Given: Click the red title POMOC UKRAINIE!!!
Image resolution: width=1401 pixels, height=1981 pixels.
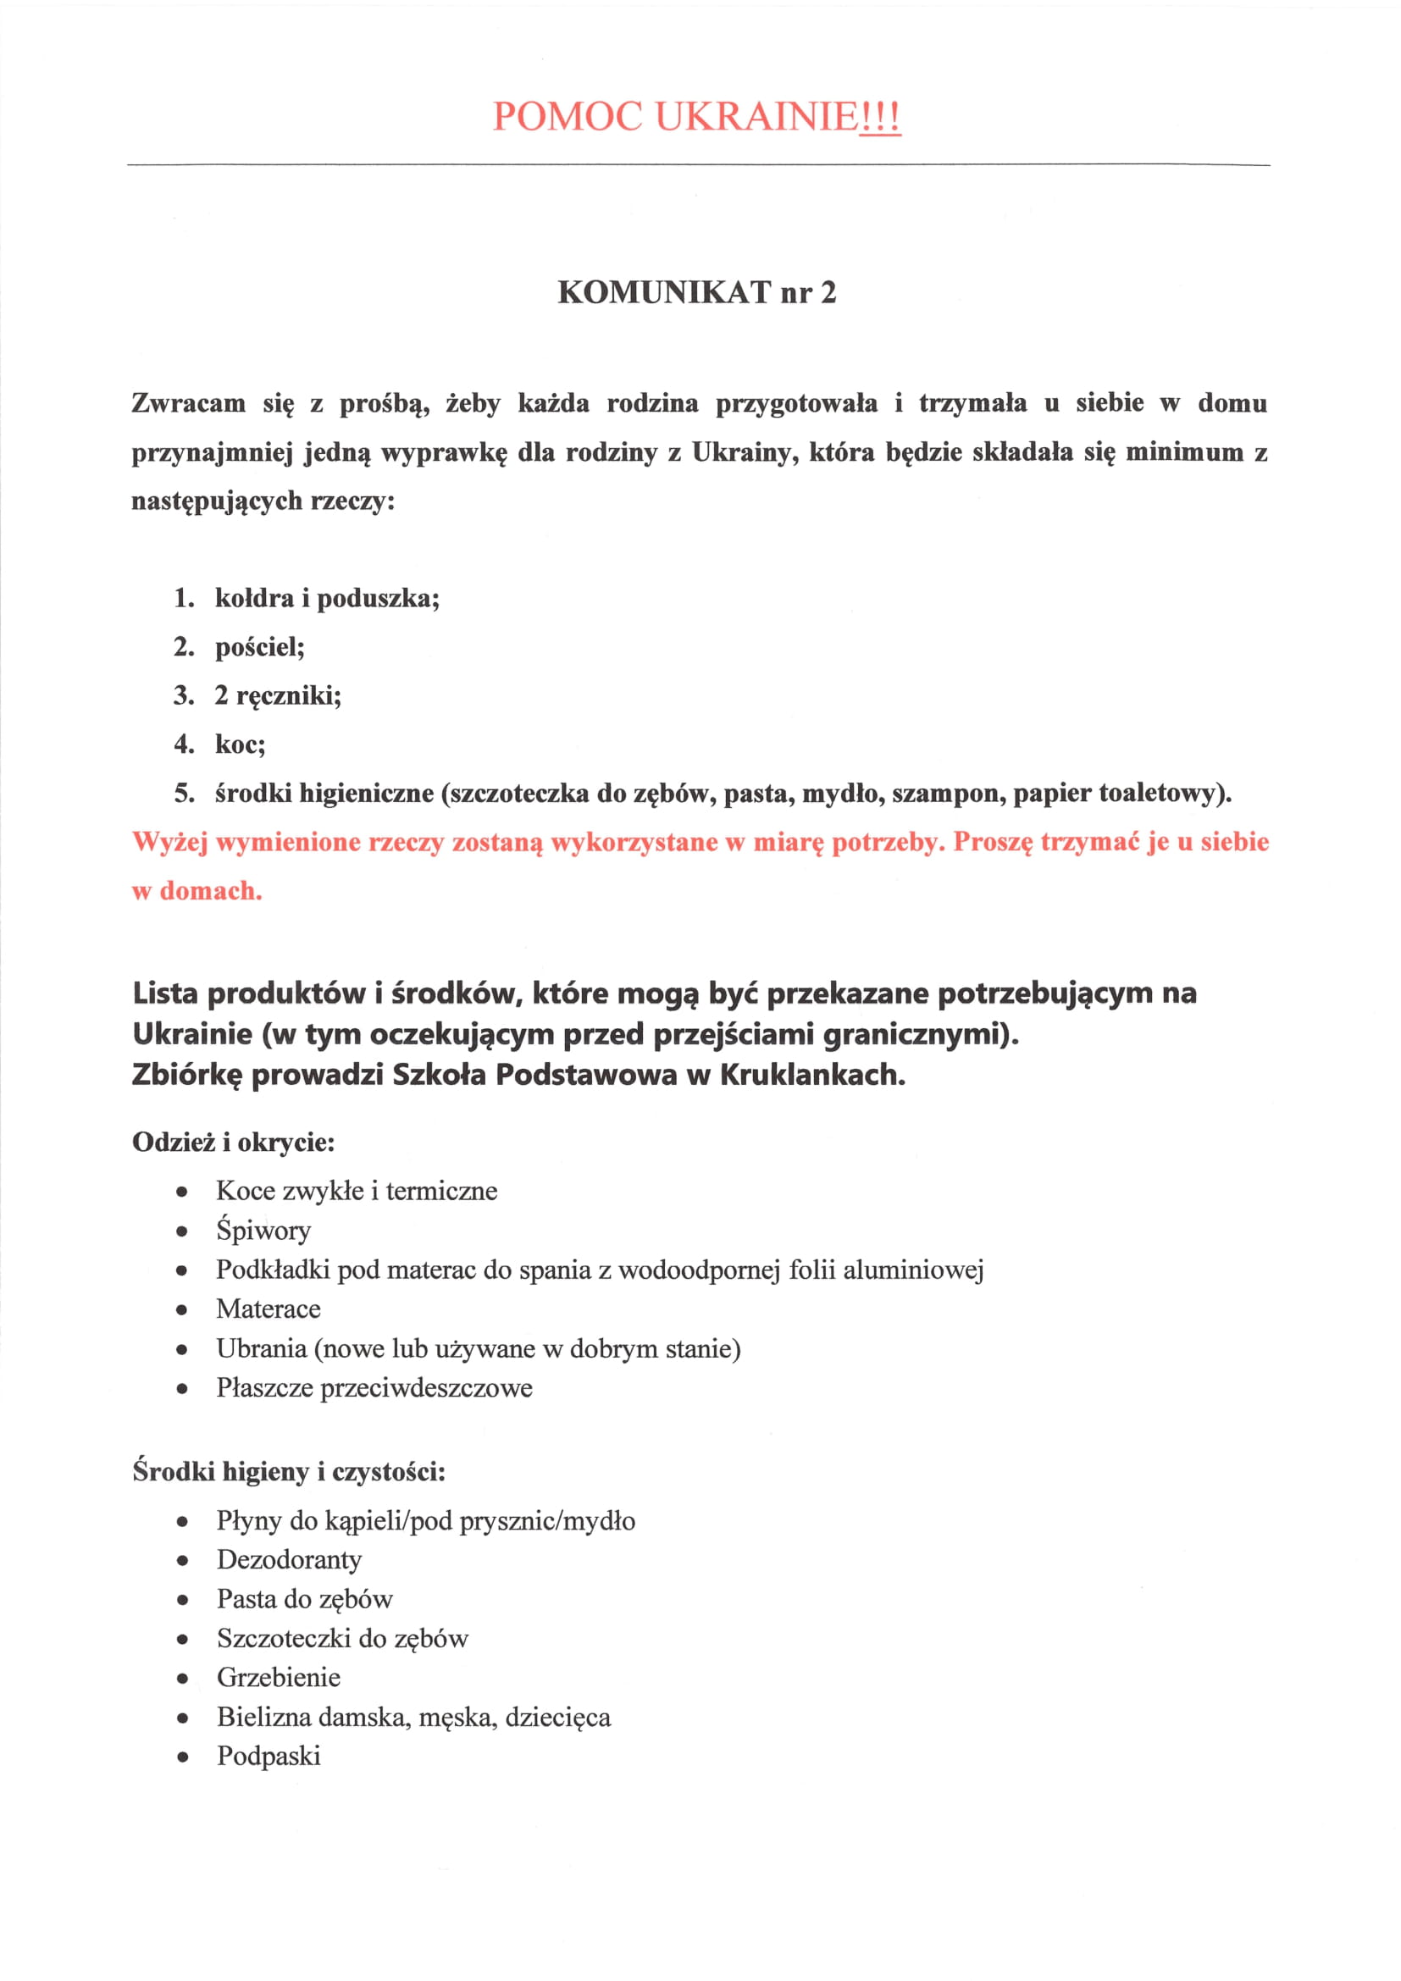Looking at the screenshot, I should [x=696, y=117].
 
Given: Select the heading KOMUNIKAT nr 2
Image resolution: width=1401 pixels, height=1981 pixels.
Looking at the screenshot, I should [x=696, y=292].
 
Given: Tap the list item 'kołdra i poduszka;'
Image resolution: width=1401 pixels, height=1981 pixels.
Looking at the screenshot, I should [x=327, y=598].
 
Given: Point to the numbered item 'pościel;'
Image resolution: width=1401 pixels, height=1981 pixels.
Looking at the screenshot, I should [x=260, y=647].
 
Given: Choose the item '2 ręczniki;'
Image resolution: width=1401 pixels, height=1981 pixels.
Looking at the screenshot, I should [x=278, y=695].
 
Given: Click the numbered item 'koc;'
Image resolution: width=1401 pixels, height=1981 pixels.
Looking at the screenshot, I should [x=240, y=744].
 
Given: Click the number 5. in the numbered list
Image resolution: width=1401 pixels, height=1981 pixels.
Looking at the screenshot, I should [x=184, y=793].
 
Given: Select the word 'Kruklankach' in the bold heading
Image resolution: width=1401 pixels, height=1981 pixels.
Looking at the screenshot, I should [x=811, y=1074].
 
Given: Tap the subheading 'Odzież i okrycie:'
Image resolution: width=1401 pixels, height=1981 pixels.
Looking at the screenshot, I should [x=233, y=1143].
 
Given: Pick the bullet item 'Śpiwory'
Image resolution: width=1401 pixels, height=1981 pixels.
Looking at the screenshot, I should [x=263, y=1231].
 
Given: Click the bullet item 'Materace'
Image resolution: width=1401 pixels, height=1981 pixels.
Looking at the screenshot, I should [x=269, y=1309].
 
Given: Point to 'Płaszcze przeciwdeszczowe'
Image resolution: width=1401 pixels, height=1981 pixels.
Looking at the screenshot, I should [x=374, y=1387].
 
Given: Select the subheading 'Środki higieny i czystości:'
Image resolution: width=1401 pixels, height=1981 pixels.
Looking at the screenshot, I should [x=289, y=1471].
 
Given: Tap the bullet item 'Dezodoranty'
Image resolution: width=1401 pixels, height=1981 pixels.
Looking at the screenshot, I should [x=289, y=1559].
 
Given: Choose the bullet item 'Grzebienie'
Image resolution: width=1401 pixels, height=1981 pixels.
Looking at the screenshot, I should [x=279, y=1676].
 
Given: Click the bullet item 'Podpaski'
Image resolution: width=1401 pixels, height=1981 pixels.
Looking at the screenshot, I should [x=269, y=1755].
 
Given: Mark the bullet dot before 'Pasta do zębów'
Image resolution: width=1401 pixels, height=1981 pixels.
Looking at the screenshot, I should [x=182, y=1600].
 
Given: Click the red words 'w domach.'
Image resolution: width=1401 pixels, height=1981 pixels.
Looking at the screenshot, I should [x=197, y=890].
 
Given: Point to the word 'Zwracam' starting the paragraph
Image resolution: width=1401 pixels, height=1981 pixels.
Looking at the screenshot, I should [x=188, y=403].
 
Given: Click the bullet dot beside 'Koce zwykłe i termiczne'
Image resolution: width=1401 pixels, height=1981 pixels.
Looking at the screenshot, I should [x=182, y=1192].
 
